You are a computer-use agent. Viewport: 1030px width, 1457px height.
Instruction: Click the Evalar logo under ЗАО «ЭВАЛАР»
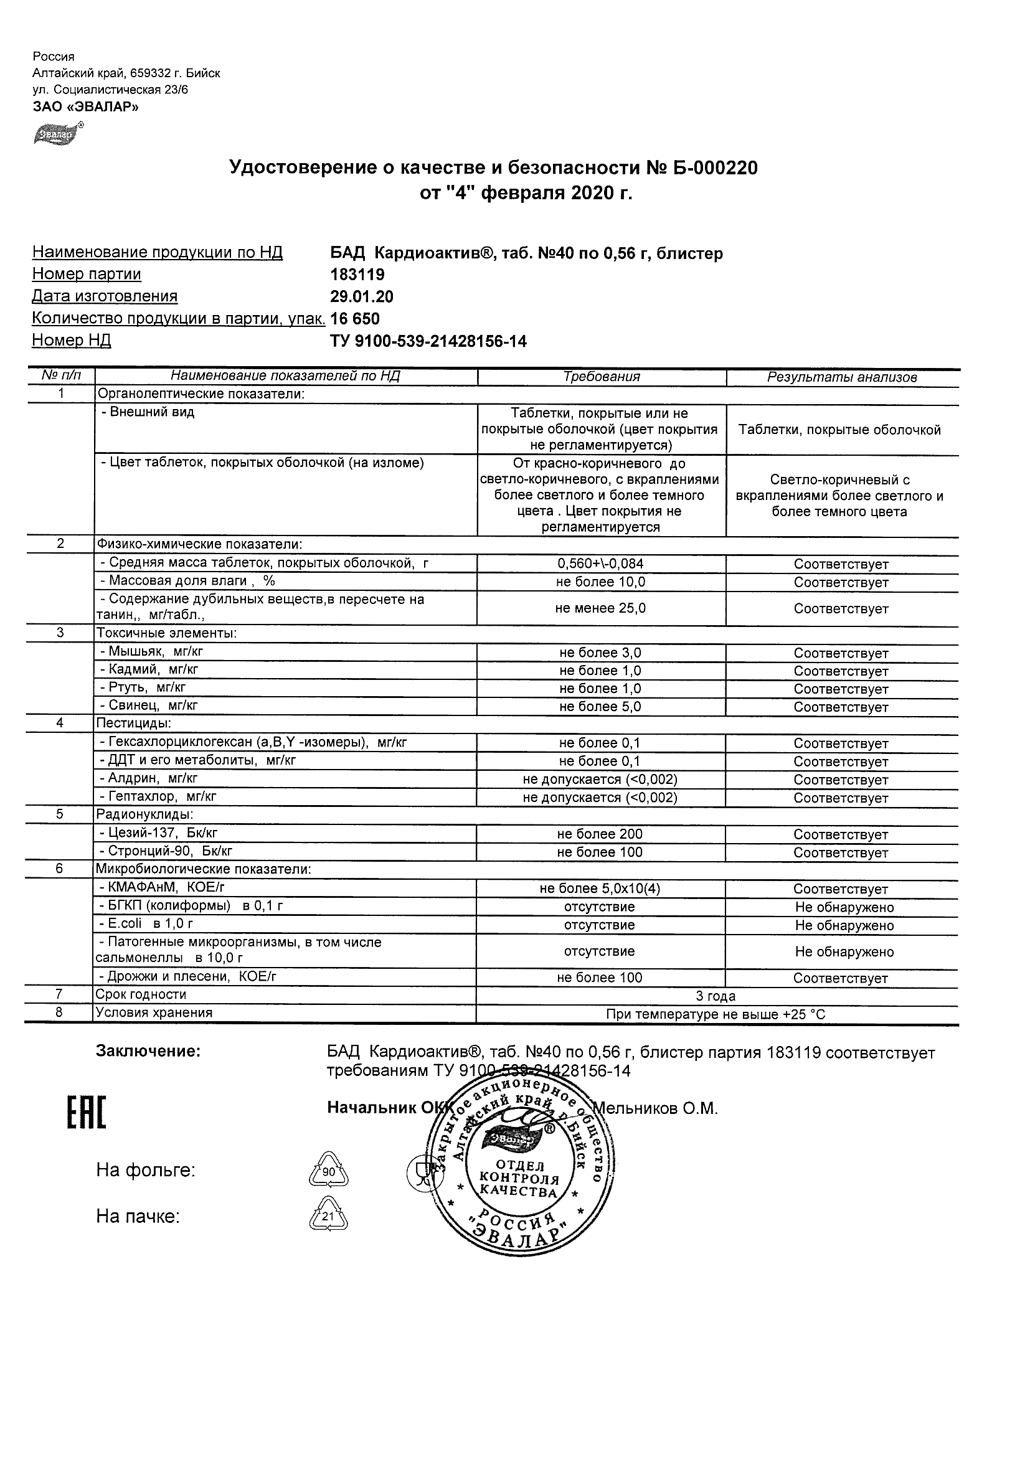point(58,134)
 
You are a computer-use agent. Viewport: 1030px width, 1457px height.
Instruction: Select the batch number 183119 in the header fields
point(357,275)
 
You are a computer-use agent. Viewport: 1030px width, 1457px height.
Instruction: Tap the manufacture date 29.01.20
point(362,297)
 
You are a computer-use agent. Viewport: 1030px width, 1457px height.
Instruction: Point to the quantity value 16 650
point(356,319)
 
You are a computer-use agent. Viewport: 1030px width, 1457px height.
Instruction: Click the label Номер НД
point(71,341)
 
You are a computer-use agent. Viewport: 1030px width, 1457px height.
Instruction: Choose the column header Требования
point(602,377)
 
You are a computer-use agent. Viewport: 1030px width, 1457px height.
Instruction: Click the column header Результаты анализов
point(842,377)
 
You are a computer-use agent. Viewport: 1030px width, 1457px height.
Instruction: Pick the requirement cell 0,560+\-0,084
point(600,563)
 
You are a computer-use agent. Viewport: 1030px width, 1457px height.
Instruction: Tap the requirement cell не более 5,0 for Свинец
point(600,706)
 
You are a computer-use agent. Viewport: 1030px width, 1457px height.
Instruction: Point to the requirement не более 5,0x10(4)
point(600,889)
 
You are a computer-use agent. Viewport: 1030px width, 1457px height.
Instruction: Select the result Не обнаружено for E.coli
point(844,925)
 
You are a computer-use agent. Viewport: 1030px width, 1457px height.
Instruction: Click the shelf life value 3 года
point(716,996)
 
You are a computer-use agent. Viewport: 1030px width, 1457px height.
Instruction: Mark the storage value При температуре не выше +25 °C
point(716,1015)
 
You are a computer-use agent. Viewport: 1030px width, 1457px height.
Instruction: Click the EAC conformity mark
point(87,1113)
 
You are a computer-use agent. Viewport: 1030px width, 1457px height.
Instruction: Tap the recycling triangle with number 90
point(328,1169)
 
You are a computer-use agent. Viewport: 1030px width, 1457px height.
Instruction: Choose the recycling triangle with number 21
point(328,1216)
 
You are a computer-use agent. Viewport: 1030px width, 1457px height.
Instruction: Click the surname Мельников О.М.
point(655,1109)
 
